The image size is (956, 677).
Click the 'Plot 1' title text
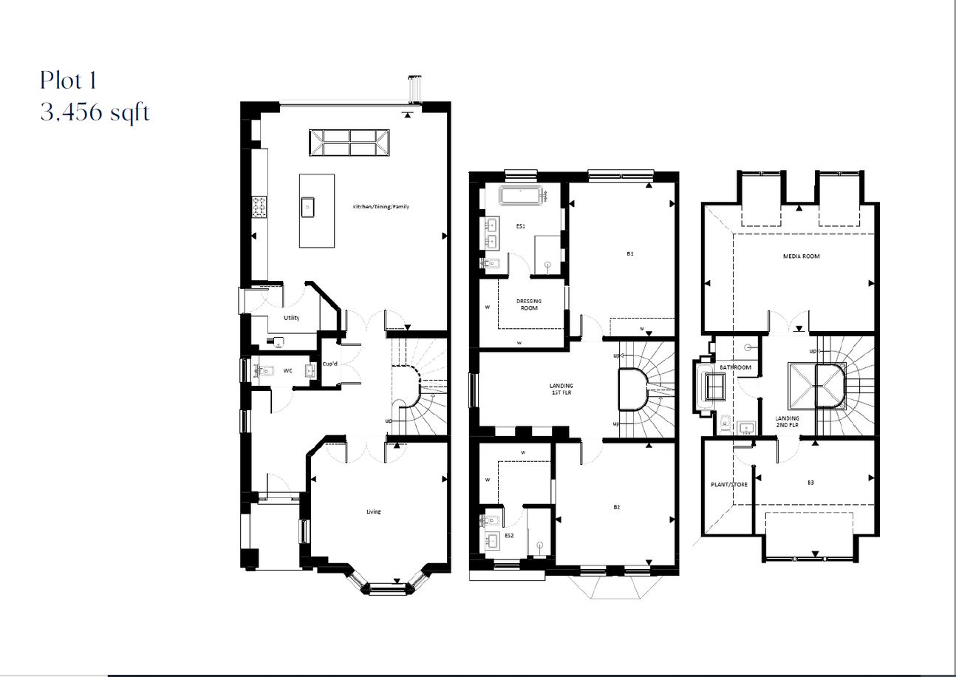(x=69, y=80)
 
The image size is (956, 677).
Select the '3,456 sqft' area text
(x=95, y=113)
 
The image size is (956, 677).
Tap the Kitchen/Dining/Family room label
(x=380, y=207)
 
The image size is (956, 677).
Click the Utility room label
(x=292, y=318)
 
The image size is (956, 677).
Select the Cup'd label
(x=330, y=364)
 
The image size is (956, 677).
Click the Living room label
(x=374, y=511)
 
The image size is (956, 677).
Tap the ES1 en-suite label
(x=520, y=227)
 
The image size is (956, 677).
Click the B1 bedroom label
(x=630, y=254)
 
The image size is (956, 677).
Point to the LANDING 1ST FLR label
(x=561, y=389)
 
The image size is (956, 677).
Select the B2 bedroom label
(x=616, y=507)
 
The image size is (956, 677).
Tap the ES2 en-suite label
(x=509, y=535)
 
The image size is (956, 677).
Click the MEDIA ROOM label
(x=801, y=256)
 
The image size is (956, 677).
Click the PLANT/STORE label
(x=728, y=485)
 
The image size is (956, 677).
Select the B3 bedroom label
(x=810, y=483)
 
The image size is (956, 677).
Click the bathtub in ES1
(x=522, y=196)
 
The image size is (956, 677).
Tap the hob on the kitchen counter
(x=259, y=207)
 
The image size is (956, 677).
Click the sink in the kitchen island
(x=308, y=207)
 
